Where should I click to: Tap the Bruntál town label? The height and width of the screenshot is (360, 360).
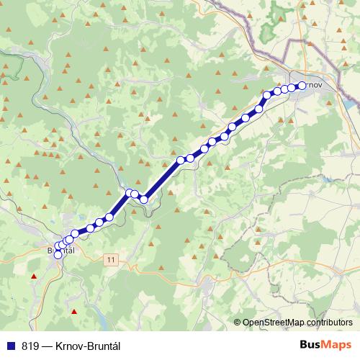point(61,250)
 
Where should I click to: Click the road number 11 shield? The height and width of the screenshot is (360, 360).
point(109,258)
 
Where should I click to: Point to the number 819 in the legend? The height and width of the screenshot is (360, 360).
point(31,345)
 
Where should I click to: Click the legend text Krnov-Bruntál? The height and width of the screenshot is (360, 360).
point(87,345)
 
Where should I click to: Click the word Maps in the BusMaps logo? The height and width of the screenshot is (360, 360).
point(336,345)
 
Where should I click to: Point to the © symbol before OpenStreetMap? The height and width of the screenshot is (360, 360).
point(238,323)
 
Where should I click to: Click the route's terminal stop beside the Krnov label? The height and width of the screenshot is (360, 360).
point(301,86)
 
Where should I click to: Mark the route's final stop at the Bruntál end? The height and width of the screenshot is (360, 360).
point(58,254)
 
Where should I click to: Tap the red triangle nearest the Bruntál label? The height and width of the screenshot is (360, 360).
point(33,276)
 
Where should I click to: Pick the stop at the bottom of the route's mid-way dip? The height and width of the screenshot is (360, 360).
point(143,199)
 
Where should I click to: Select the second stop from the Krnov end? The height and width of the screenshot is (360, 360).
point(292,88)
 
